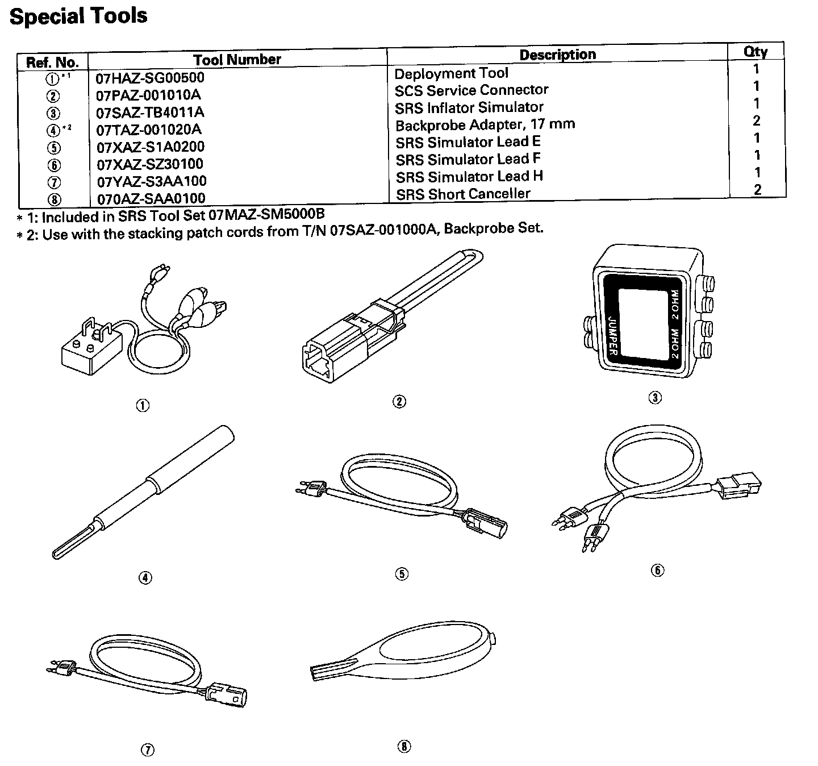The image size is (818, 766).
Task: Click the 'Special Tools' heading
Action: [78, 16]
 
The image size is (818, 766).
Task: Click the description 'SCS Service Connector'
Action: [471, 90]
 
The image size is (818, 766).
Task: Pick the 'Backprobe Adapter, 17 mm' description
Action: [485, 124]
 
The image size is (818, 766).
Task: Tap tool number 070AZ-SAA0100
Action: [151, 199]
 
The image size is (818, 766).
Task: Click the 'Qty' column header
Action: [756, 52]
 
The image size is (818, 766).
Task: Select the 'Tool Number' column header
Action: [237, 60]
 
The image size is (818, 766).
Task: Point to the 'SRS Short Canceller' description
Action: [462, 194]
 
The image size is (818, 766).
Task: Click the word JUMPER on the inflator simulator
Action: [613, 335]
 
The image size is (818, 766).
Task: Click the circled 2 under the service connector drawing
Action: [399, 402]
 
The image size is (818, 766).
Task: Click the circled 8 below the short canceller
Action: [403, 747]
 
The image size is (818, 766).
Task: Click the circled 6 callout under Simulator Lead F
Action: [657, 570]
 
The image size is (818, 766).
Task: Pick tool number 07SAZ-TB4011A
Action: [150, 113]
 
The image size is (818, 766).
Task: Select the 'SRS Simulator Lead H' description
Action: [469, 177]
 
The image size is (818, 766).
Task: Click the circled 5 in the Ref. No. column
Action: [52, 148]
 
